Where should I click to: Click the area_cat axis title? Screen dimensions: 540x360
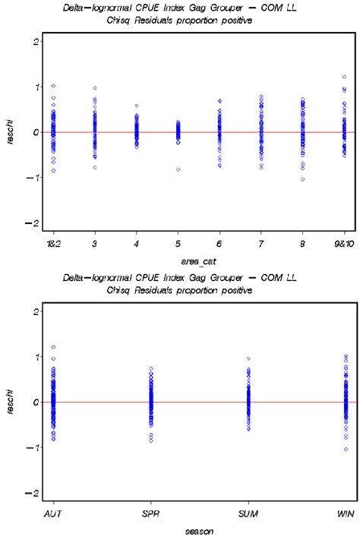click(x=198, y=261)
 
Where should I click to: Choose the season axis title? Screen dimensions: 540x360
click(x=198, y=532)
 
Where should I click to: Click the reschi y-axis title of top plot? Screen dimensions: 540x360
click(x=10, y=132)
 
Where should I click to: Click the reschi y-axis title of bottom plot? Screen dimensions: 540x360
click(x=10, y=403)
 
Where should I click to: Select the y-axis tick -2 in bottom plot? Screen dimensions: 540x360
click(x=33, y=494)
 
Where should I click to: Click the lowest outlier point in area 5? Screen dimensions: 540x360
click(x=178, y=169)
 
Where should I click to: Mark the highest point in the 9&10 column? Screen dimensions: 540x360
click(x=344, y=77)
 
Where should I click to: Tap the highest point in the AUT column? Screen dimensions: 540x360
click(x=53, y=347)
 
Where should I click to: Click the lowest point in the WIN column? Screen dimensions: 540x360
click(x=346, y=449)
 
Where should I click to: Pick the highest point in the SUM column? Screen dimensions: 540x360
click(x=248, y=358)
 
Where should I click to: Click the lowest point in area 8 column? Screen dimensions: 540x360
click(x=302, y=179)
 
